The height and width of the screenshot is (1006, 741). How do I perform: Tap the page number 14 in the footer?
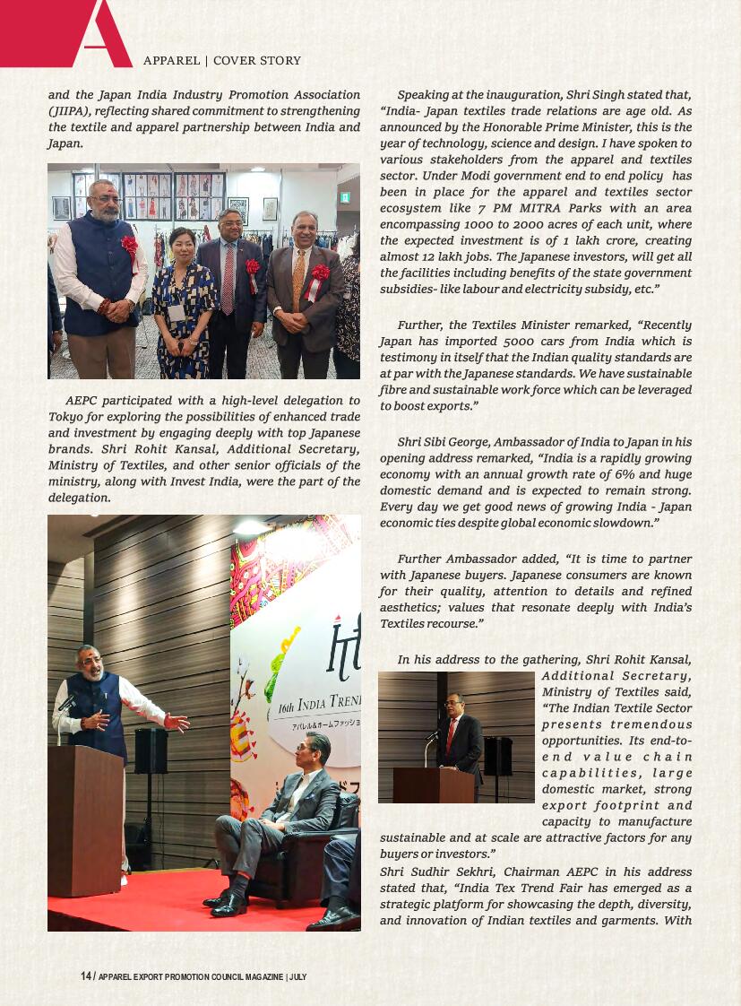pyautogui.click(x=86, y=976)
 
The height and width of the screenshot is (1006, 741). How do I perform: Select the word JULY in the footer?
pyautogui.click(x=297, y=977)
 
